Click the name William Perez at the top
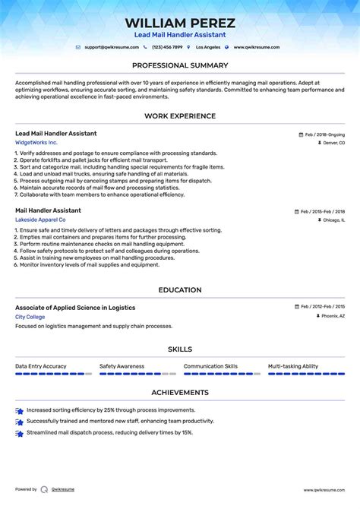(180, 23)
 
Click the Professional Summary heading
(180, 65)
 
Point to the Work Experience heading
(180, 115)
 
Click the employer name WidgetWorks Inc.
(36, 143)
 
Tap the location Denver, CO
(331, 143)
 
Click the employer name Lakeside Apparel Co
(40, 220)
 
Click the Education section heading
(180, 289)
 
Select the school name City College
(30, 316)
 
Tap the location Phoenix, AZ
(332, 316)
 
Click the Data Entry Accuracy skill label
(41, 366)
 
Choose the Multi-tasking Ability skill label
(293, 366)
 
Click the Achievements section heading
(180, 392)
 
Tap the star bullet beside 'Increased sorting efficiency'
(19, 410)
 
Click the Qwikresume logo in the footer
(45, 489)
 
